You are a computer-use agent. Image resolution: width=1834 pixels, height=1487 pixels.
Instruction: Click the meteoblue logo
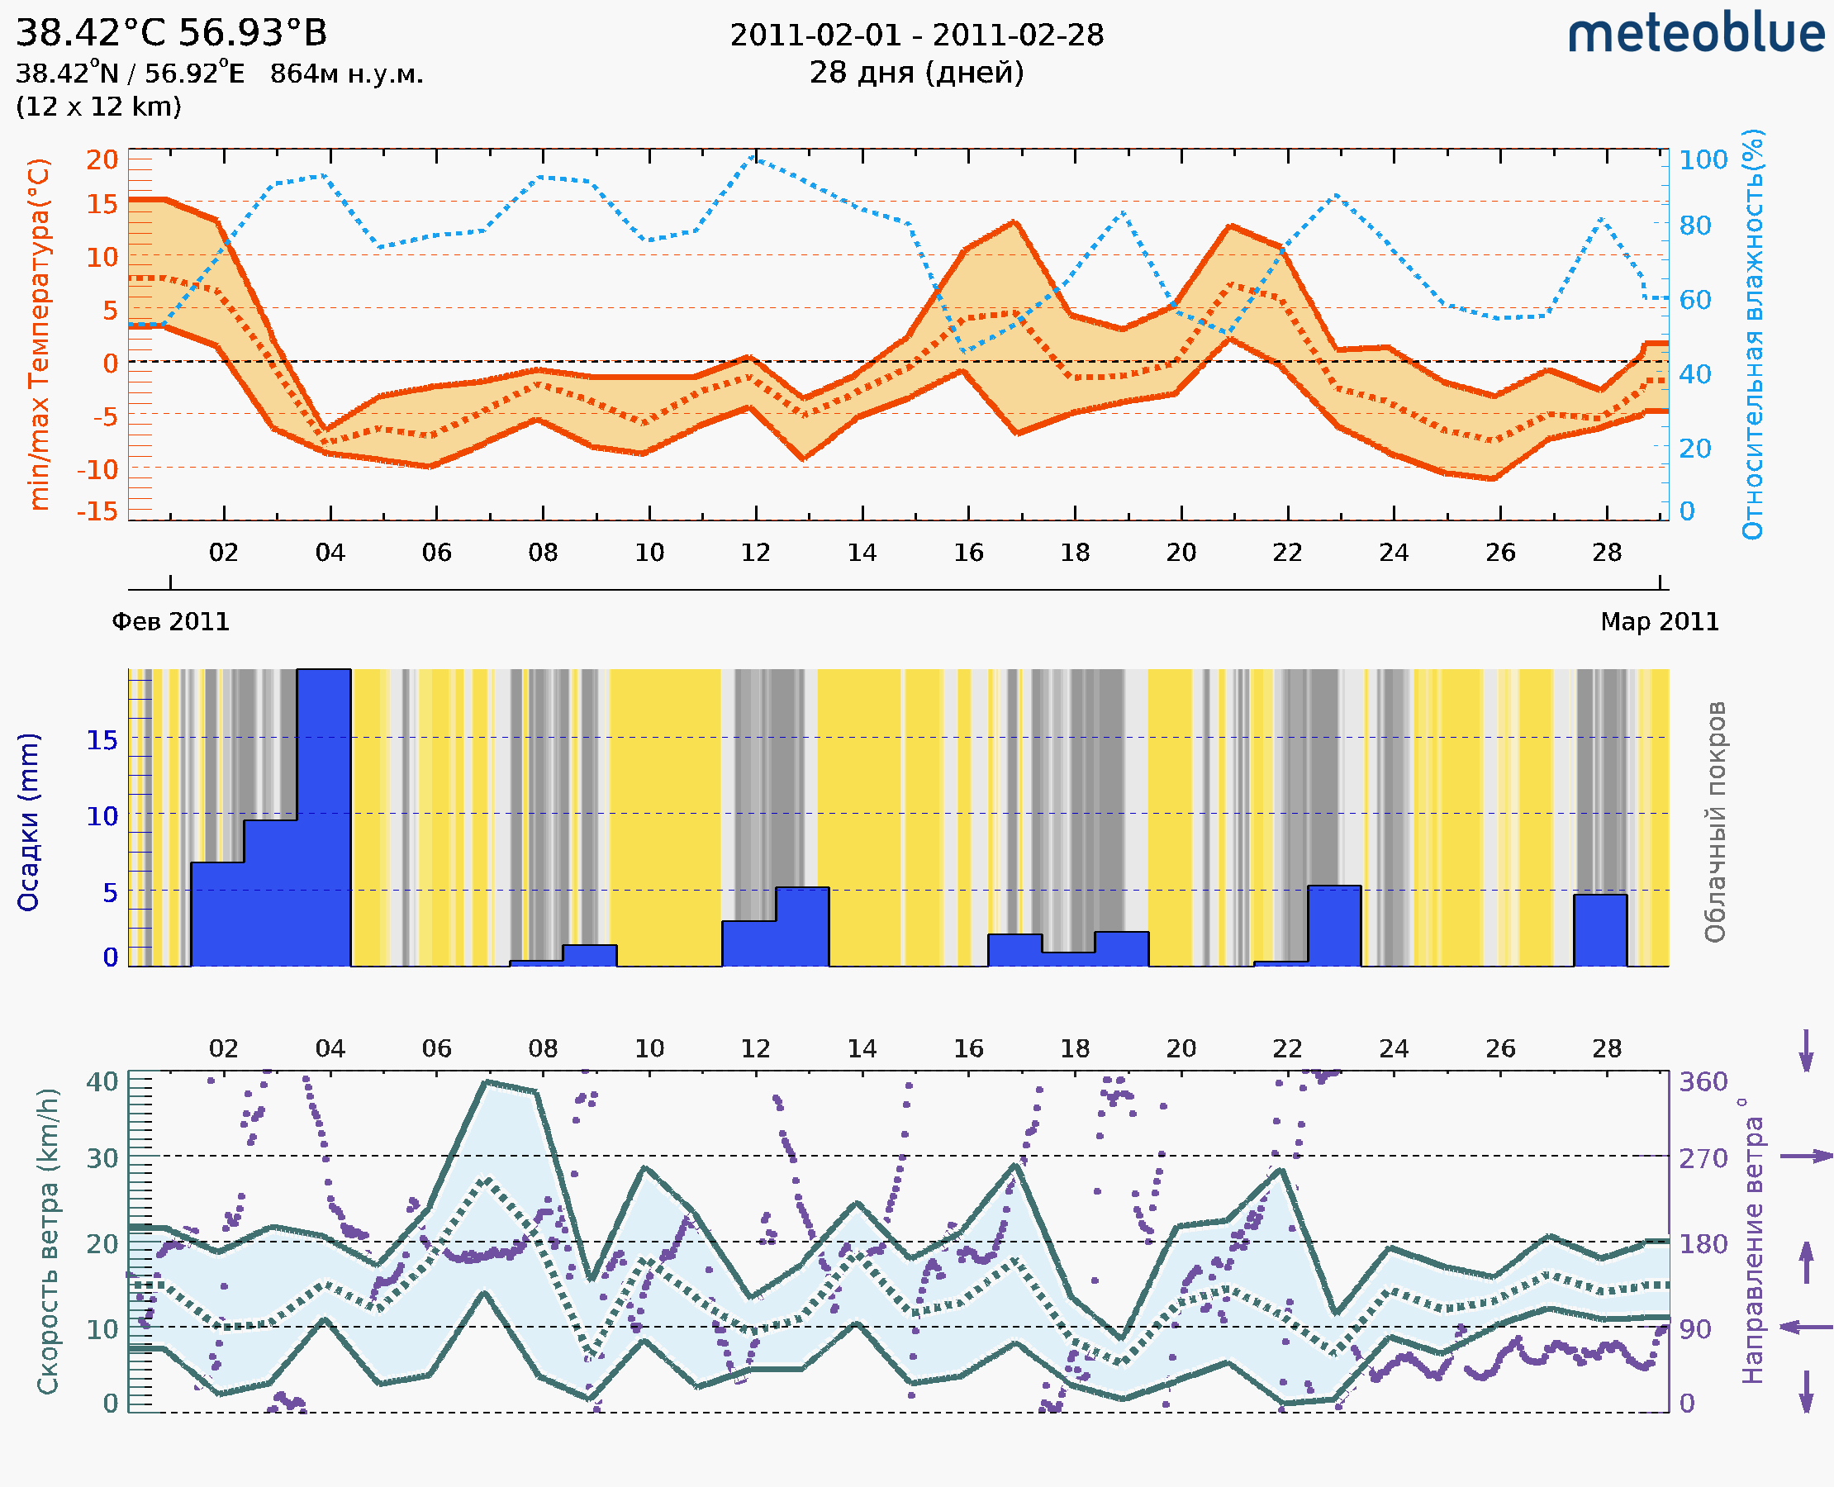coord(1695,34)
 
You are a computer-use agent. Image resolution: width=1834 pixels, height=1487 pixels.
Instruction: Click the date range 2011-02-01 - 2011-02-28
coord(916,36)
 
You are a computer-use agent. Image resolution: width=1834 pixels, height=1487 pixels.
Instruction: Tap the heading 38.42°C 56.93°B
coord(171,32)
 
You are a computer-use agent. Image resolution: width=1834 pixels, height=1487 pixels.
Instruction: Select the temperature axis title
coord(39,334)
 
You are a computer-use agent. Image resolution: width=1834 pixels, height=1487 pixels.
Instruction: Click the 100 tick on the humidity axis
coord(1703,159)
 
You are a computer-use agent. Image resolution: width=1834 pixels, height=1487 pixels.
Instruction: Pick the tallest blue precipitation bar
coord(323,817)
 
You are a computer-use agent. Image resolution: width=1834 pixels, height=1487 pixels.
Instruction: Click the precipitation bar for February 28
coord(1600,929)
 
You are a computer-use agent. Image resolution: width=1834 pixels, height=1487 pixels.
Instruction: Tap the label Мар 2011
coord(1659,621)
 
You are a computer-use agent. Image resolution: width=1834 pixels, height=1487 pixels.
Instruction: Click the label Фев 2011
coord(170,621)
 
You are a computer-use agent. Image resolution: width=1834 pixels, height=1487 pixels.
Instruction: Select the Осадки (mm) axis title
coord(28,821)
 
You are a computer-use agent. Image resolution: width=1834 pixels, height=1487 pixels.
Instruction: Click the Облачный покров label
coord(1715,821)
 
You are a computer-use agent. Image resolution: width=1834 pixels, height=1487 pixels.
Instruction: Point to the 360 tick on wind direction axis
coord(1703,1082)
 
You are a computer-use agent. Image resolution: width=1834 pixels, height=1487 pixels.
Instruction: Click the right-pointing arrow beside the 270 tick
coord(1806,1157)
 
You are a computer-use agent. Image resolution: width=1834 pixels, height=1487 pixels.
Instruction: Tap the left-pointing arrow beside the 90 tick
coord(1806,1327)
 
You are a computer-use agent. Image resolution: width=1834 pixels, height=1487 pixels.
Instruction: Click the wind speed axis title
coord(48,1241)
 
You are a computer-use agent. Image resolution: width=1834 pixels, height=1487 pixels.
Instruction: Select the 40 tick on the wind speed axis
coord(102,1082)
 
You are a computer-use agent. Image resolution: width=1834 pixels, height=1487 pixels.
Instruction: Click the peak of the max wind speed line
coord(487,1082)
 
